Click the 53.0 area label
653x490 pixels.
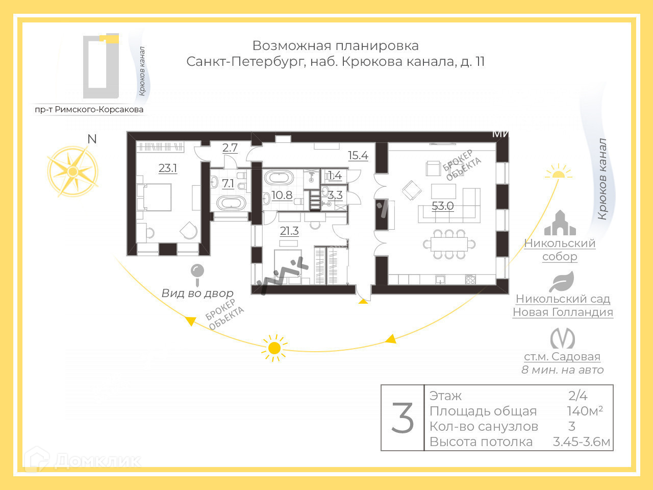point(442,206)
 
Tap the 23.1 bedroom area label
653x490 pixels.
point(168,168)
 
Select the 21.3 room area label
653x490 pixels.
point(289,231)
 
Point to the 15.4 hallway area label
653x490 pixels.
point(358,156)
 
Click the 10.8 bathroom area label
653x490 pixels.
point(282,195)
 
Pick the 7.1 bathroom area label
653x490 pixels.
point(228,183)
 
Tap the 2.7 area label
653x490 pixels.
point(230,148)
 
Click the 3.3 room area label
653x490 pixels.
point(335,195)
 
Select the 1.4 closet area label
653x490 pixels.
point(335,176)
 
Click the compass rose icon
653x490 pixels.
point(72,171)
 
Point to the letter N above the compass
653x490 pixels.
point(92,139)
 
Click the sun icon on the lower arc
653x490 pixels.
point(274,348)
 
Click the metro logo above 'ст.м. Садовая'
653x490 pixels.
point(562,338)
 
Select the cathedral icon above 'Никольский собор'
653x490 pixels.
point(560,223)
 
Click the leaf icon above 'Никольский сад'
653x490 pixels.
point(562,281)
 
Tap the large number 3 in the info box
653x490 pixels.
point(403,418)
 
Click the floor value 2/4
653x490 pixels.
point(578,396)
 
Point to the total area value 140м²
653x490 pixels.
point(585,411)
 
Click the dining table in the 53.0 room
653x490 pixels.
point(449,244)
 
